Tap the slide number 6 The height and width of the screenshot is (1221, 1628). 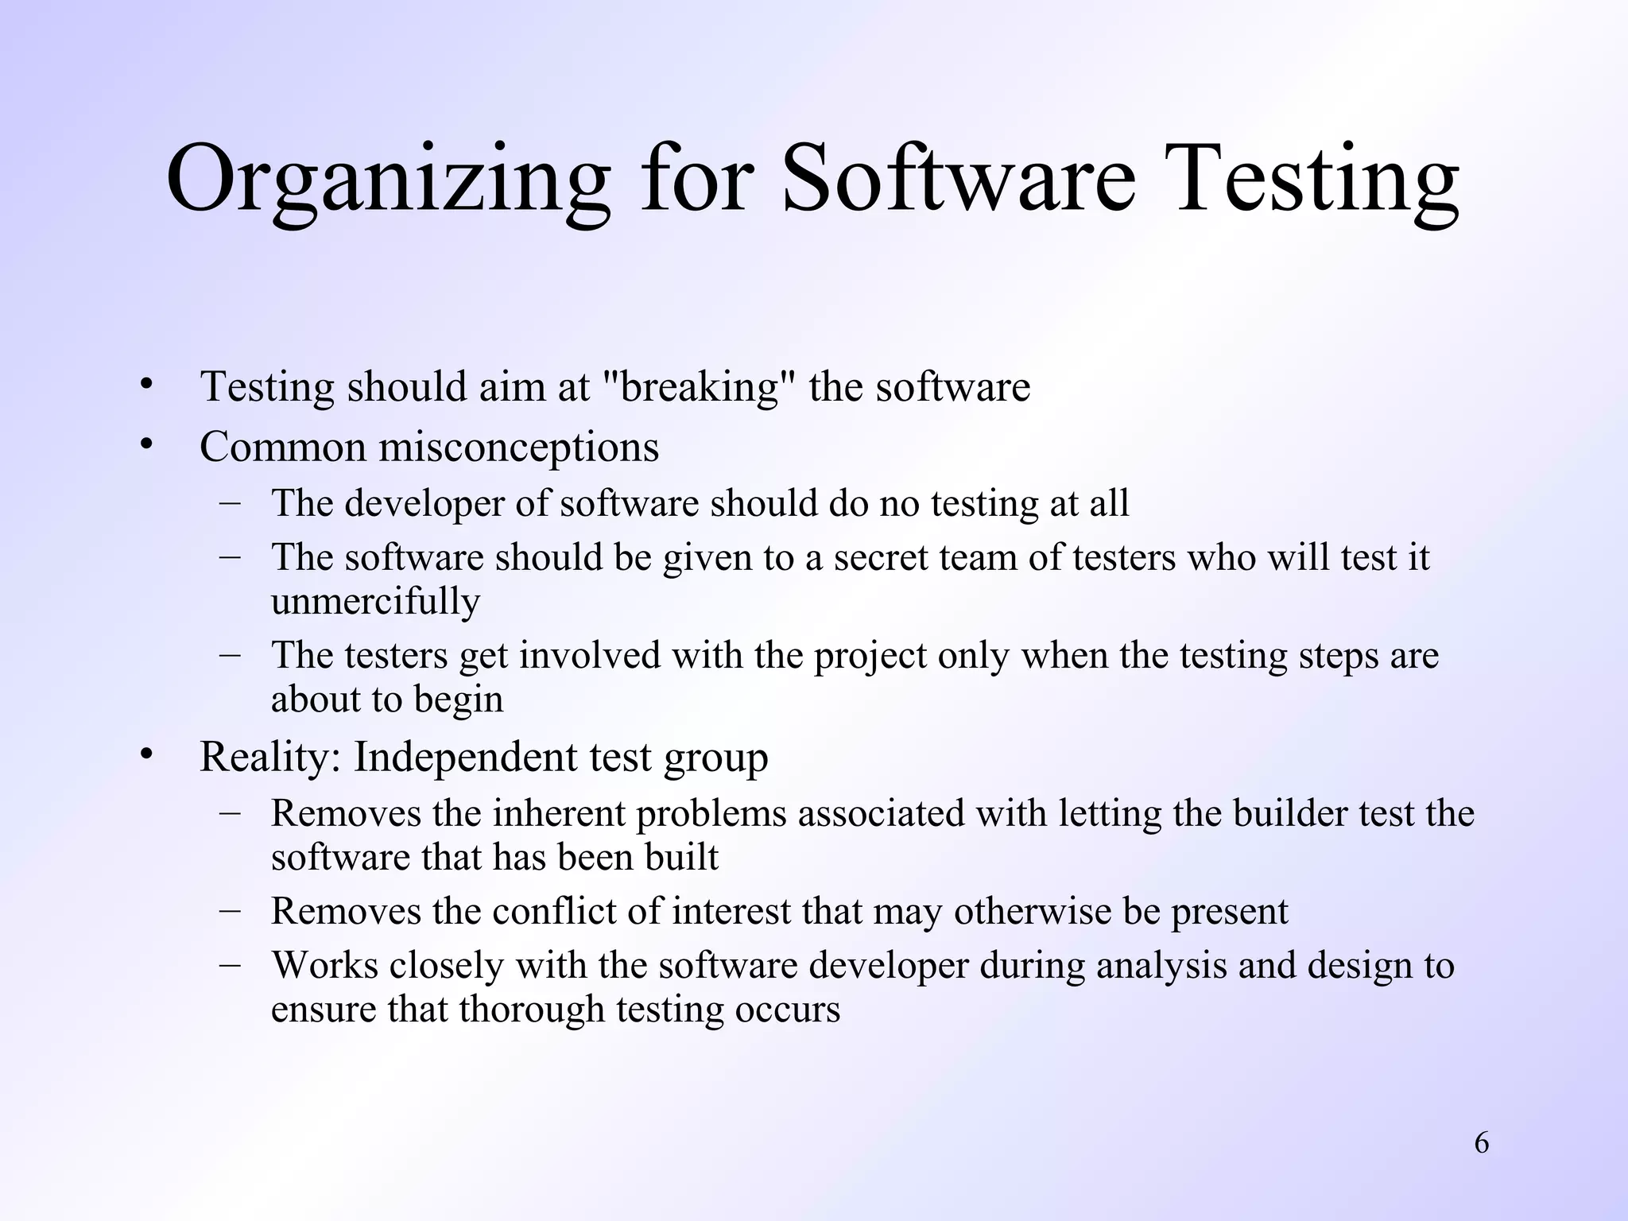coord(1482,1143)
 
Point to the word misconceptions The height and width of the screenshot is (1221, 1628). coord(518,447)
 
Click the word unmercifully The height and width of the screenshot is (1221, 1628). coord(375,601)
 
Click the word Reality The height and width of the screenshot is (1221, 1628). coord(269,757)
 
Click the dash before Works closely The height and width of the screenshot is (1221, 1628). coord(231,964)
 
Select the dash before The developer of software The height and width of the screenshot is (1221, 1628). coord(231,502)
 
